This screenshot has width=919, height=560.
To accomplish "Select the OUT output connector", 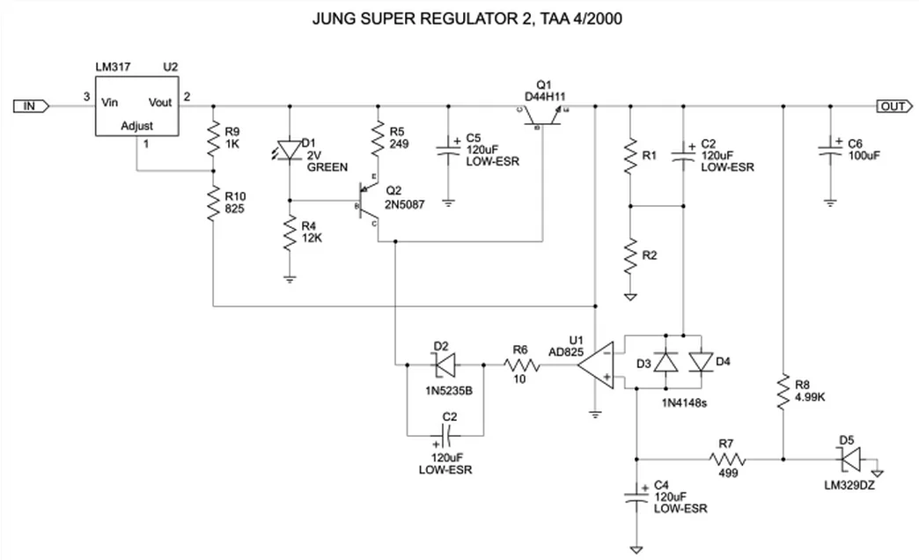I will point(893,106).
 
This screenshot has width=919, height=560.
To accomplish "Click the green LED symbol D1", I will point(290,150).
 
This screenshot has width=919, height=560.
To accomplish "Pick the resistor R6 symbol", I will point(521,363).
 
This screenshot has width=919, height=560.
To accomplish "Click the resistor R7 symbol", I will point(727,459).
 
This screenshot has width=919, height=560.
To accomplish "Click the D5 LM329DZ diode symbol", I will point(847,459).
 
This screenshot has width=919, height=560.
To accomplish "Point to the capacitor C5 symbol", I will point(449,150).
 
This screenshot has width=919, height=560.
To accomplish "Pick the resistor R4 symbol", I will point(290,235).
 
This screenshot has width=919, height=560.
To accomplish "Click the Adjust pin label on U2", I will point(136,127).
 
